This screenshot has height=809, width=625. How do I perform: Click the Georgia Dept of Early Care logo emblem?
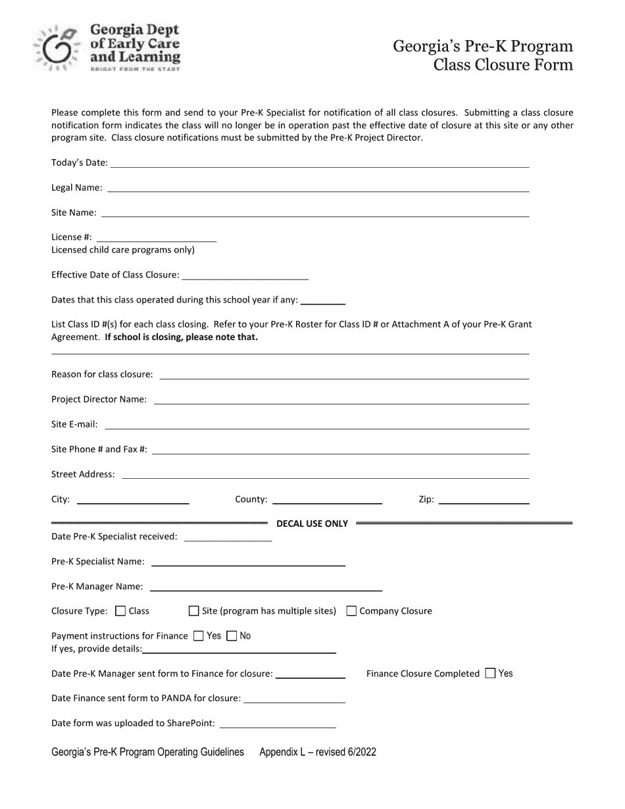click(x=57, y=47)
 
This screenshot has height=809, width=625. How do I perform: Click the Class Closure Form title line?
click(x=503, y=64)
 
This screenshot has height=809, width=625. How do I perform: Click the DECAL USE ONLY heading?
click(x=312, y=524)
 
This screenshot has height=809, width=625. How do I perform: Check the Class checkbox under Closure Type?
click(x=120, y=611)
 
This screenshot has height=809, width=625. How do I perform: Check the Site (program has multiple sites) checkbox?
click(x=193, y=611)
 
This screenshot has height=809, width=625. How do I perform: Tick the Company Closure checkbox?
click(x=351, y=611)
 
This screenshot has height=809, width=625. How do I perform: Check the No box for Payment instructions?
click(x=232, y=636)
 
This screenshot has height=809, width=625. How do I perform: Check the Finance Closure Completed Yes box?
click(x=490, y=674)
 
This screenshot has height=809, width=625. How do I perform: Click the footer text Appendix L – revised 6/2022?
click(x=318, y=752)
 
